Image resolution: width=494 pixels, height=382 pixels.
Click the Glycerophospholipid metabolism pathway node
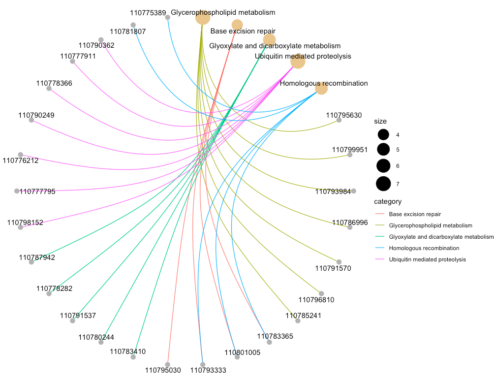pyautogui.click(x=203, y=18)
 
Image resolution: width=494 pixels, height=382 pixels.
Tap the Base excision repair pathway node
pyautogui.click(x=237, y=25)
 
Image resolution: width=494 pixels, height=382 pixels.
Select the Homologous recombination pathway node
pyautogui.click(x=321, y=88)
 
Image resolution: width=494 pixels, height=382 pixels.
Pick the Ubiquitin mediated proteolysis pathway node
pyautogui.click(x=298, y=62)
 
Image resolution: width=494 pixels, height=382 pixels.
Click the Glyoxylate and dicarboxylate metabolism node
pyautogui.click(x=269, y=40)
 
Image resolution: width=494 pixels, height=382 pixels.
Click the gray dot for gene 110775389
pyautogui.click(x=168, y=17)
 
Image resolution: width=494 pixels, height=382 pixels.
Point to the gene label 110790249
pyautogui.click(x=36, y=115)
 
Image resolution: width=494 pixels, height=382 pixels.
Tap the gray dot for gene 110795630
pyautogui.click(x=339, y=120)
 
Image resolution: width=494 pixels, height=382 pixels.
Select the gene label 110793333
pyautogui.click(x=208, y=370)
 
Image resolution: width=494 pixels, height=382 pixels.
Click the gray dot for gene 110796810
pyautogui.click(x=321, y=293)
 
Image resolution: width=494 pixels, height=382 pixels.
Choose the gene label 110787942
pyautogui.click(x=37, y=257)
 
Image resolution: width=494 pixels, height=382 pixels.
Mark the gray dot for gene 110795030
pyautogui.click(x=168, y=364)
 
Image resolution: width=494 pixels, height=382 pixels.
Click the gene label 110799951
pyautogui.click(x=350, y=150)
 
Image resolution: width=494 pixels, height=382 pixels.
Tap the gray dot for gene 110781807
pyautogui.click(x=133, y=25)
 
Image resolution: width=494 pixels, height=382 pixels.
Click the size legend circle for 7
pyautogui.click(x=383, y=184)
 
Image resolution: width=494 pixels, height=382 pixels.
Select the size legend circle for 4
pyautogui.click(x=383, y=134)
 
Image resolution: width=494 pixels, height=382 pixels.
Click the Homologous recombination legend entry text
pyautogui.click(x=424, y=248)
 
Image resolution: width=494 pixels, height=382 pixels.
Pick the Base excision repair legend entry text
pyautogui.click(x=415, y=214)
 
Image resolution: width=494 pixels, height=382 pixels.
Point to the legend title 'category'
pyautogui.click(x=388, y=201)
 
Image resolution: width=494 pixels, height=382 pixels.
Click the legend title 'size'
pyautogui.click(x=380, y=121)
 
